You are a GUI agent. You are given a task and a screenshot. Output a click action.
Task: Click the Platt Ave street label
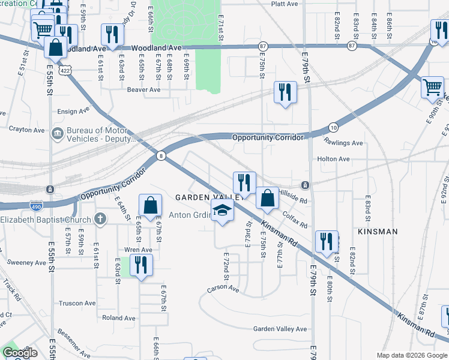click(285, 4)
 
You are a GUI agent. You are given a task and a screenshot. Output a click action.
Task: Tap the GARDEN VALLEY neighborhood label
click(208, 197)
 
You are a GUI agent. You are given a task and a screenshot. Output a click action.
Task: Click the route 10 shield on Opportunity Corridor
click(333, 127)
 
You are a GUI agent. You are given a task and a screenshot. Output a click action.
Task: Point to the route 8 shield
click(161, 155)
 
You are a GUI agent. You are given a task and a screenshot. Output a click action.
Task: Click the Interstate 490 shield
click(36, 205)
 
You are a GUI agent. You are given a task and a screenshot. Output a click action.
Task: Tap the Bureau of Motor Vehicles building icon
click(58, 133)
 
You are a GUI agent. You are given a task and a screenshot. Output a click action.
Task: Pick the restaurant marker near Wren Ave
click(141, 265)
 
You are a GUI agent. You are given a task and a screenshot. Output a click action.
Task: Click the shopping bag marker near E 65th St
click(150, 205)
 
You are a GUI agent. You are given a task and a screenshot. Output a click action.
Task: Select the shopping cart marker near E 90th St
click(432, 88)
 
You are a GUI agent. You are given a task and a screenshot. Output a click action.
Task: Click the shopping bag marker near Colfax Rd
click(267, 197)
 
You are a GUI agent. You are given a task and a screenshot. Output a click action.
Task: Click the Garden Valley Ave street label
click(279, 329)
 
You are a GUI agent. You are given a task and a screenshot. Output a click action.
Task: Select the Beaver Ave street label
click(143, 90)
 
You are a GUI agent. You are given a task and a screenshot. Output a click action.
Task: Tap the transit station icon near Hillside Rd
click(305, 184)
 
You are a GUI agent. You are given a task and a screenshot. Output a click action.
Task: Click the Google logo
click(20, 353)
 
